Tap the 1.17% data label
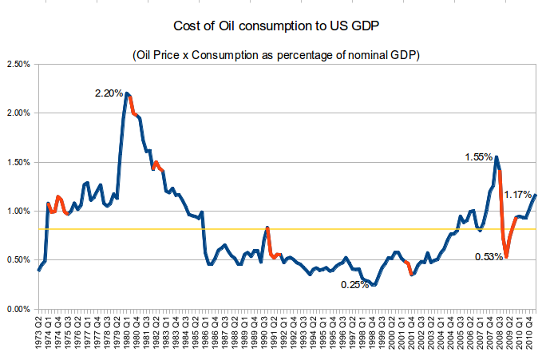click(519, 194)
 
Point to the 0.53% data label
click(489, 256)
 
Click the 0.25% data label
click(355, 285)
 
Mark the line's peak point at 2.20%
click(126, 93)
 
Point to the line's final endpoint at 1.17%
click(536, 195)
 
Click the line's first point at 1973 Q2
click(38, 270)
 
